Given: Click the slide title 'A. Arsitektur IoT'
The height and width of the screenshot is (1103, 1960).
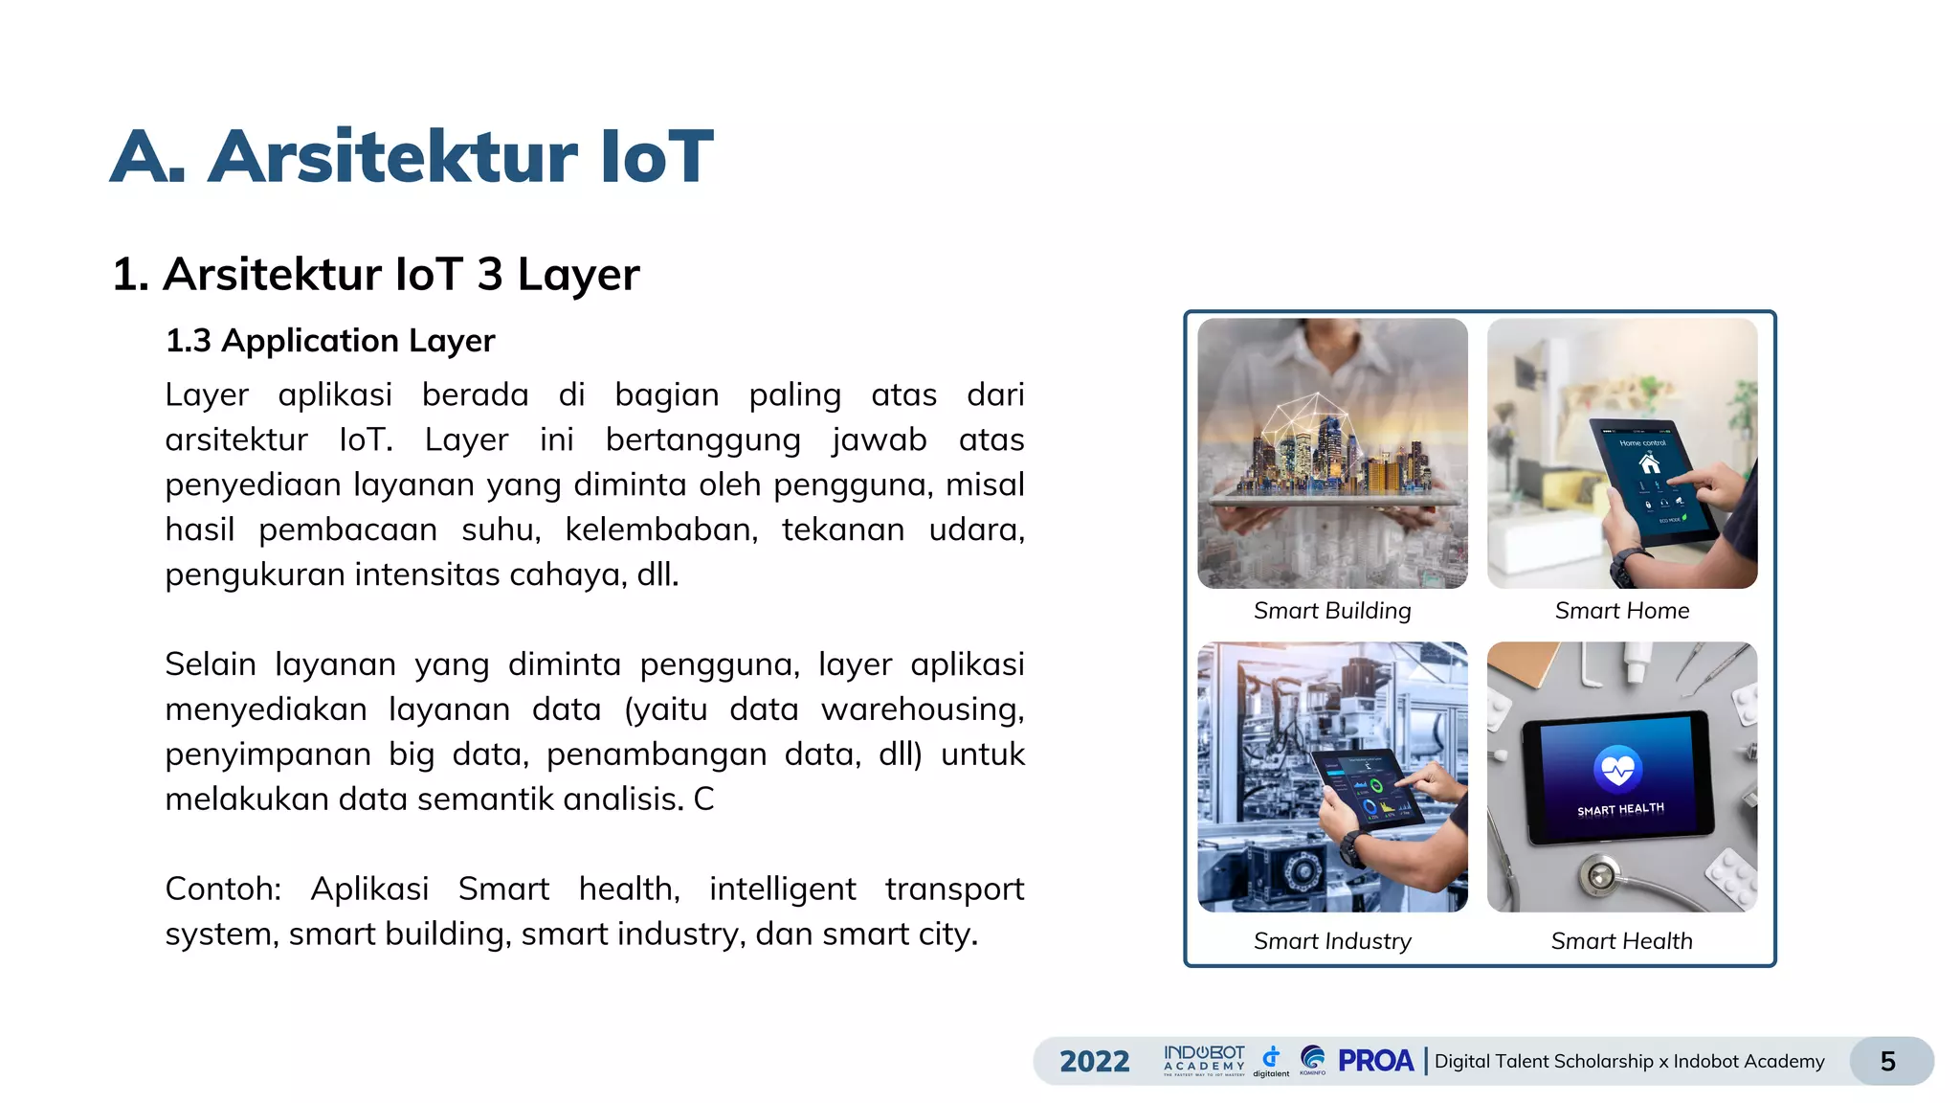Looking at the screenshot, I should (412, 156).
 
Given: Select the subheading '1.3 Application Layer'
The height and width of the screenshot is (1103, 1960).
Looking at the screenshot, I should (330, 341).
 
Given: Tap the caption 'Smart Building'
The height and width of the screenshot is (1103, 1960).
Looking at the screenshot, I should (1332, 611).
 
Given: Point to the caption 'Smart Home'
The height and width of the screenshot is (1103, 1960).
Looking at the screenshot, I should (1622, 611).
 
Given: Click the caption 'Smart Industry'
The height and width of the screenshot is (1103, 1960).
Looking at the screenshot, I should (1332, 941).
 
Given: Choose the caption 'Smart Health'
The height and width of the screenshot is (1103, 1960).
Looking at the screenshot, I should (1622, 941).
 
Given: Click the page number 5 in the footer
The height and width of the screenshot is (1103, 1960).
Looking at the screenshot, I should (1888, 1061).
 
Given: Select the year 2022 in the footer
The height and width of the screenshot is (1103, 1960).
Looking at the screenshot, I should (1095, 1061).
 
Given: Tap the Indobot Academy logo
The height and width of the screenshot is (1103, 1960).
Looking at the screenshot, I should (1204, 1060).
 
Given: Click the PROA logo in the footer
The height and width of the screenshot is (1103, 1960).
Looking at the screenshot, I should (1375, 1061).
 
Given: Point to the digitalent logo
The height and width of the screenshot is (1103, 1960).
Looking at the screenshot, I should (1271, 1060).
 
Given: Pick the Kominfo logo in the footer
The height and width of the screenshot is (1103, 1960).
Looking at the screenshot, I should (1313, 1059).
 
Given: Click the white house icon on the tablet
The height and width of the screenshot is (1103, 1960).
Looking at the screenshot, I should (1649, 465).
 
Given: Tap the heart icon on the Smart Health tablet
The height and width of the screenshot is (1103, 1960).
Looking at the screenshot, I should (1618, 768).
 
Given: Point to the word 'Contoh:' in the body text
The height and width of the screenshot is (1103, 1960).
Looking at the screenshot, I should (223, 889).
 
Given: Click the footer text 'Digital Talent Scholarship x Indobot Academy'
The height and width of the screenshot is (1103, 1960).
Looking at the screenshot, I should (1629, 1061).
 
